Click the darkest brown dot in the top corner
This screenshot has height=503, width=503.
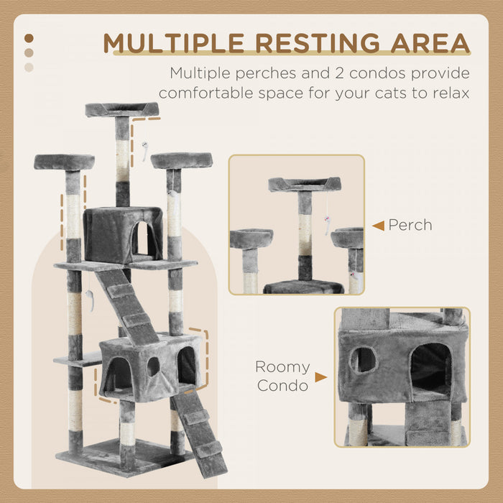point(29,38)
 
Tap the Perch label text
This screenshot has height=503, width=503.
point(410,225)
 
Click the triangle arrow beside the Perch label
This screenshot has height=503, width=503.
point(378,226)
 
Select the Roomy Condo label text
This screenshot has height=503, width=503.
point(282,377)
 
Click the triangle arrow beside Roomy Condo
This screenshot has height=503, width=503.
point(320,377)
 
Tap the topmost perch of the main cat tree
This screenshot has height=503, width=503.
point(121,109)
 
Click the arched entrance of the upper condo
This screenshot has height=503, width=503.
point(143,239)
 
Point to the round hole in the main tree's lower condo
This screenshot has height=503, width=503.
point(153,366)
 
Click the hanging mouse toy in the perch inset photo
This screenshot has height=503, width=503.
point(326,227)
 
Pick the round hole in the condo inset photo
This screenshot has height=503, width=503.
point(364,359)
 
